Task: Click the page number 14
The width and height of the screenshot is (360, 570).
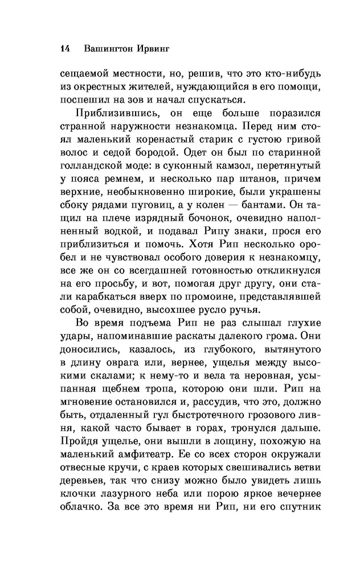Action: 64,48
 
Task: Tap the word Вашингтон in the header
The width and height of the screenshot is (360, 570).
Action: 107,49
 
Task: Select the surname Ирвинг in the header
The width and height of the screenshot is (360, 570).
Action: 156,49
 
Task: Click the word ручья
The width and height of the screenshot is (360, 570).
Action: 246,310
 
